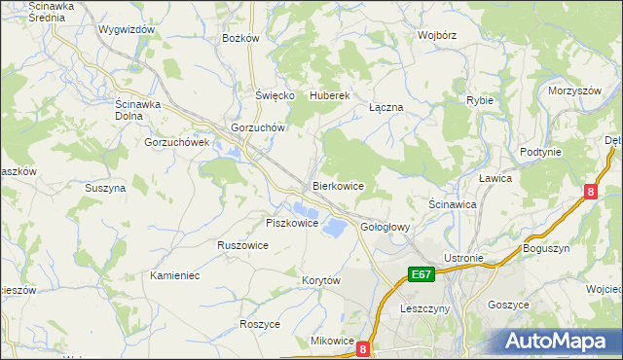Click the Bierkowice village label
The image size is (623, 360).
[x=338, y=185]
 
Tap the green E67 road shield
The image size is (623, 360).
[x=421, y=275]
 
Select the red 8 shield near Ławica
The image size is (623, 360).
[x=591, y=193]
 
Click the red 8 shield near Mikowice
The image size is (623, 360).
[x=363, y=347]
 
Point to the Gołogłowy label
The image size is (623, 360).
[x=385, y=227]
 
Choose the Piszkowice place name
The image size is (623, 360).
[x=292, y=223]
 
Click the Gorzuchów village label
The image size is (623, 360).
[x=257, y=127]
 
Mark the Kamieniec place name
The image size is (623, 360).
[x=175, y=275]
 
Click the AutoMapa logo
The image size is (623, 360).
[x=560, y=341]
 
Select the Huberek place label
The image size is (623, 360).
[x=329, y=96]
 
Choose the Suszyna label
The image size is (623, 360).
[x=105, y=188]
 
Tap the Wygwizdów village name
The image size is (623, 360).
[x=127, y=29]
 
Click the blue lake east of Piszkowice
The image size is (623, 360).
[x=332, y=227]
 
